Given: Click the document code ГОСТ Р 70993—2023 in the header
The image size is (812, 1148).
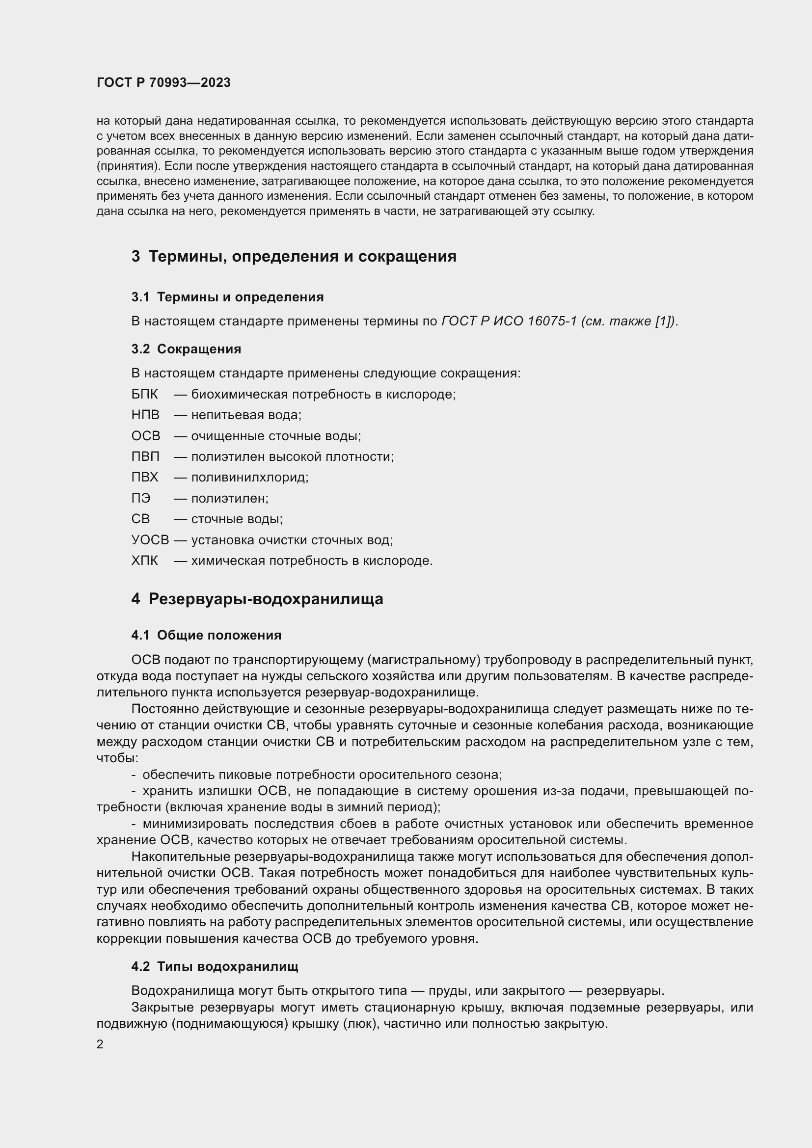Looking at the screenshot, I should click(163, 83).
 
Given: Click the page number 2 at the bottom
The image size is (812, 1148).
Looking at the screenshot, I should click(100, 1044).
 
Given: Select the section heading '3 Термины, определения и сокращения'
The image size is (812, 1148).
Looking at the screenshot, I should click(294, 257).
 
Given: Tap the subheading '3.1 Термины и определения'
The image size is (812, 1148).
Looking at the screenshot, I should click(227, 297).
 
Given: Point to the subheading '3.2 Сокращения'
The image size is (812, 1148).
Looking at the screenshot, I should click(186, 349).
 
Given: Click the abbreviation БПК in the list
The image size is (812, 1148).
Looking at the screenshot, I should click(144, 395).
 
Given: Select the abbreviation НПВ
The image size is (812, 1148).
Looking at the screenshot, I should click(145, 415).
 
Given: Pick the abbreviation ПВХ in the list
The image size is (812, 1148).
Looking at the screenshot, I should click(144, 477).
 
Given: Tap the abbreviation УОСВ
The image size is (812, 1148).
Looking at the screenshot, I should click(150, 540).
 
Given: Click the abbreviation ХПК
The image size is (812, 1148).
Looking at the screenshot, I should click(144, 561).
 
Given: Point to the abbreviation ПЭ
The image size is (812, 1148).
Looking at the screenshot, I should click(140, 498).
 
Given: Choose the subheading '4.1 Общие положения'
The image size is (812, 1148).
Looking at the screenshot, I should click(206, 635).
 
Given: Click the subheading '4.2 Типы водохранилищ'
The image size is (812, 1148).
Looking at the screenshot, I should click(215, 966).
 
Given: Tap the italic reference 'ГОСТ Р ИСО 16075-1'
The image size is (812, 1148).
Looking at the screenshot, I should click(509, 321).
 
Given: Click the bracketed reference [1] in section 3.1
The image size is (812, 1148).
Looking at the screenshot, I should click(662, 321).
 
